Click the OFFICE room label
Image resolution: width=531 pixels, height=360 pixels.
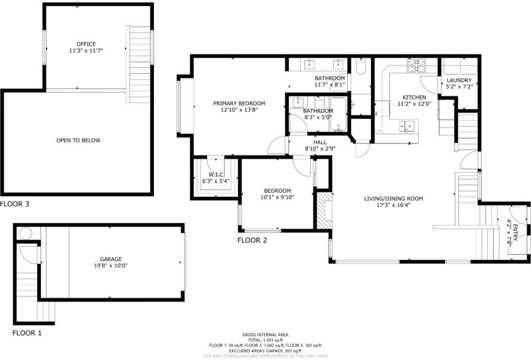(86, 44)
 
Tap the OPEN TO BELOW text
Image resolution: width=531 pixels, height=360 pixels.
(78, 140)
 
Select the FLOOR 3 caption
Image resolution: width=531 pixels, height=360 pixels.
(15, 204)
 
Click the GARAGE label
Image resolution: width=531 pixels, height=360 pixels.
(111, 259)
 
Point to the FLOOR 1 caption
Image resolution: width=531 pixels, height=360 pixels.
(27, 333)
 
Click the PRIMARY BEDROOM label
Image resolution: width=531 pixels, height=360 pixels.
(239, 104)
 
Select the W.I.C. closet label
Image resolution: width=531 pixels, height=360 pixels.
(216, 175)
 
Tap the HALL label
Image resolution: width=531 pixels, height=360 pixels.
(320, 142)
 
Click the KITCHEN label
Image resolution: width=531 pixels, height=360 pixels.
(414, 97)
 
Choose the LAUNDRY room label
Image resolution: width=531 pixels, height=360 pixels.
(459, 80)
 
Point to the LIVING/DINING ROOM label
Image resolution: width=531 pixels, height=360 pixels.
(394, 199)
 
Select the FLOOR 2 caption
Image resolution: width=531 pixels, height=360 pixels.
(252, 240)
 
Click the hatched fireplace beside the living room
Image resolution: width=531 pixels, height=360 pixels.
(325, 211)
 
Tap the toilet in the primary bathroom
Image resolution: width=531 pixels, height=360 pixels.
(361, 67)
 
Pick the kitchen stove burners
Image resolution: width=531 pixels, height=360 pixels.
(417, 65)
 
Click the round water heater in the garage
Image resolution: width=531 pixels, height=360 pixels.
(26, 234)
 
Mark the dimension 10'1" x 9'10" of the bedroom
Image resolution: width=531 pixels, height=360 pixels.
(277, 197)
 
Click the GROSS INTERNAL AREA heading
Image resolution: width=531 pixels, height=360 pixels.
(265, 335)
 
